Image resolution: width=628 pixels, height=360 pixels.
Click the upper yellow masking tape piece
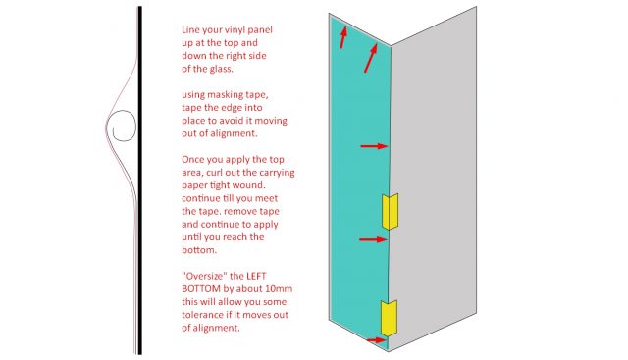(390, 212)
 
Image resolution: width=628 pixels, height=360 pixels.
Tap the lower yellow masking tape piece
(389, 318)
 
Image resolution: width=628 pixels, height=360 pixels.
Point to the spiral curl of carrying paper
(124, 126)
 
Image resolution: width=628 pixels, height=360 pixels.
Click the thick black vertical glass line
(139, 180)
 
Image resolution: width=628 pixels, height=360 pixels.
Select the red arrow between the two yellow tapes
(373, 239)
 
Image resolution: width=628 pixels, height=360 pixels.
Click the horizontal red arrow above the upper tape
(375, 146)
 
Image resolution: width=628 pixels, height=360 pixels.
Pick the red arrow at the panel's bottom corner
(376, 340)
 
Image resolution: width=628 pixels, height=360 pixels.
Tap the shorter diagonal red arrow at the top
(343, 37)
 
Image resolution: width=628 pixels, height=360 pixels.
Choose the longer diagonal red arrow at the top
(371, 58)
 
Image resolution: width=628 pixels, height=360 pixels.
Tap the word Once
(192, 159)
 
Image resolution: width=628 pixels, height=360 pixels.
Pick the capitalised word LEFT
(256, 276)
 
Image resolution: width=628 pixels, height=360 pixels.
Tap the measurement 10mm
(279, 288)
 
